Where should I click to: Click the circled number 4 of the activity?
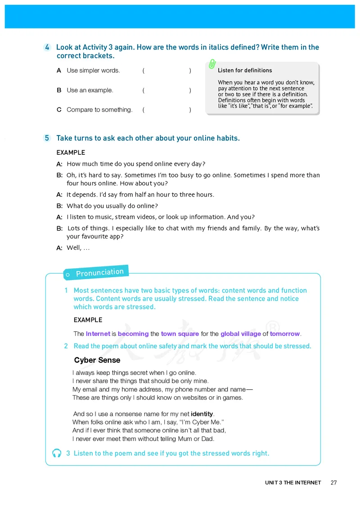click(x=47, y=47)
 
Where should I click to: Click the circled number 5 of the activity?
click(x=47, y=138)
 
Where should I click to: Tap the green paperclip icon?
click(x=212, y=64)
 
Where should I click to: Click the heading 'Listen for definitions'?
click(x=245, y=70)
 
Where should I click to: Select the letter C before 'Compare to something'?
click(x=59, y=109)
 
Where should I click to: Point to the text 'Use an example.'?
click(x=90, y=90)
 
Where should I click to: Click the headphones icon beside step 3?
click(x=57, y=453)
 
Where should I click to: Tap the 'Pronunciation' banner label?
click(x=99, y=272)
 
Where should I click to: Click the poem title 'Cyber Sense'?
click(x=97, y=360)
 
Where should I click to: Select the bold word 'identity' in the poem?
click(x=202, y=414)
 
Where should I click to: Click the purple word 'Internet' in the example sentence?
click(x=98, y=334)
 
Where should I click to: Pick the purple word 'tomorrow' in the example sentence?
click(x=285, y=334)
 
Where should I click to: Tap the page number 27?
click(x=333, y=482)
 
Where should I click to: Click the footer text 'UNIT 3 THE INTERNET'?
click(x=293, y=482)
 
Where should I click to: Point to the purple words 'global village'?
click(x=241, y=334)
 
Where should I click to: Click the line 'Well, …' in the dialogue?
click(x=78, y=247)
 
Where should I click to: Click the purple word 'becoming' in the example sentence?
click(x=133, y=334)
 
